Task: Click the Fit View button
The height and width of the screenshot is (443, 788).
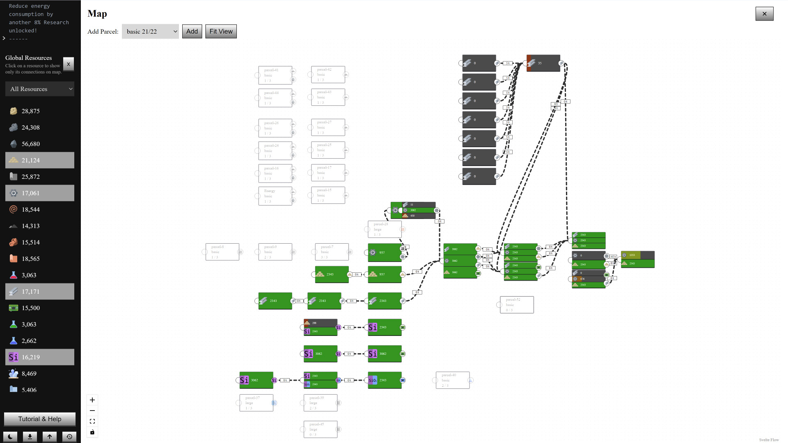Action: [x=221, y=31]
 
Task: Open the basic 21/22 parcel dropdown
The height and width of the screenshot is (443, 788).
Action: [x=150, y=31]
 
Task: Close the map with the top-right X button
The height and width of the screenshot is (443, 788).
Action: [x=764, y=14]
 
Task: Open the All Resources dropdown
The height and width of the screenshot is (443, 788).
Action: [x=40, y=89]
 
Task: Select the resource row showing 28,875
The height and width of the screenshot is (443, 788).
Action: [x=40, y=111]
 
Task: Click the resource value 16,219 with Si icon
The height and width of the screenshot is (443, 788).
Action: [x=40, y=357]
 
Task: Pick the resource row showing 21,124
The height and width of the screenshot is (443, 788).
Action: [x=40, y=160]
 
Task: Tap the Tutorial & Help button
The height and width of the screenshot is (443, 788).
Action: [x=40, y=419]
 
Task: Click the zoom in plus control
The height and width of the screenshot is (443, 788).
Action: [x=92, y=400]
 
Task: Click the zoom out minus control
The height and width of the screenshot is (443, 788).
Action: [x=92, y=411]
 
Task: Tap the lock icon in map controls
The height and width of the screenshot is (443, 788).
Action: [x=92, y=432]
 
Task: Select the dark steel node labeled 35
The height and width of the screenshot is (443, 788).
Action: [x=543, y=63]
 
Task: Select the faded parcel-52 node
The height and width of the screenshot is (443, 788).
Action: [x=517, y=305]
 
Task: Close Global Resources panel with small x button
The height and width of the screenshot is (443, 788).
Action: [x=69, y=64]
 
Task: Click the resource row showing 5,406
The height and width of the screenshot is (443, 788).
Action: [x=40, y=390]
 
